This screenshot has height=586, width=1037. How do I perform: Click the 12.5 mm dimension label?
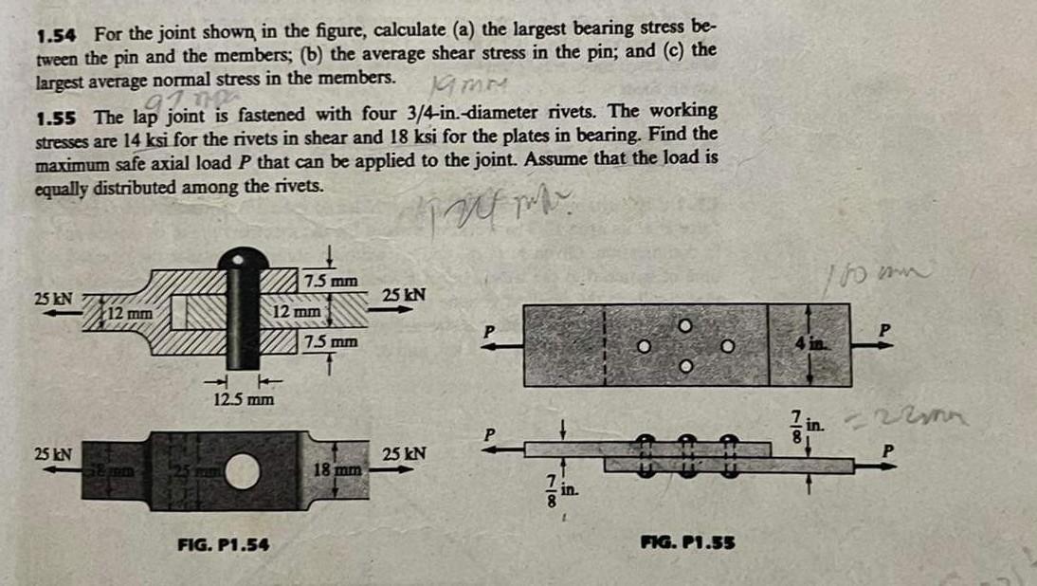243,399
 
